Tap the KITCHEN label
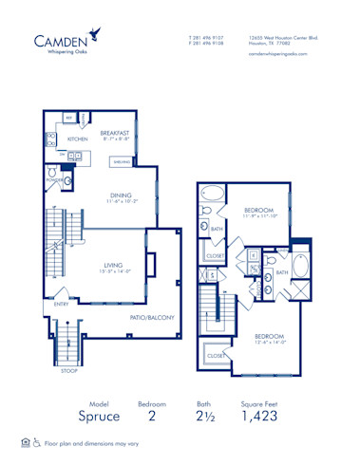pyautogui.click(x=78, y=139)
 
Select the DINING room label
pyautogui.click(x=120, y=196)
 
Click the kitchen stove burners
pyautogui.click(x=50, y=138)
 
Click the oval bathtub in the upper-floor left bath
pyautogui.click(x=213, y=196)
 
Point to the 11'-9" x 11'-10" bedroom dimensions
pyautogui.click(x=259, y=215)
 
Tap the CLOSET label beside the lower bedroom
pyautogui.click(x=216, y=356)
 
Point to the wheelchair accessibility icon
pyautogui.click(x=37, y=442)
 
